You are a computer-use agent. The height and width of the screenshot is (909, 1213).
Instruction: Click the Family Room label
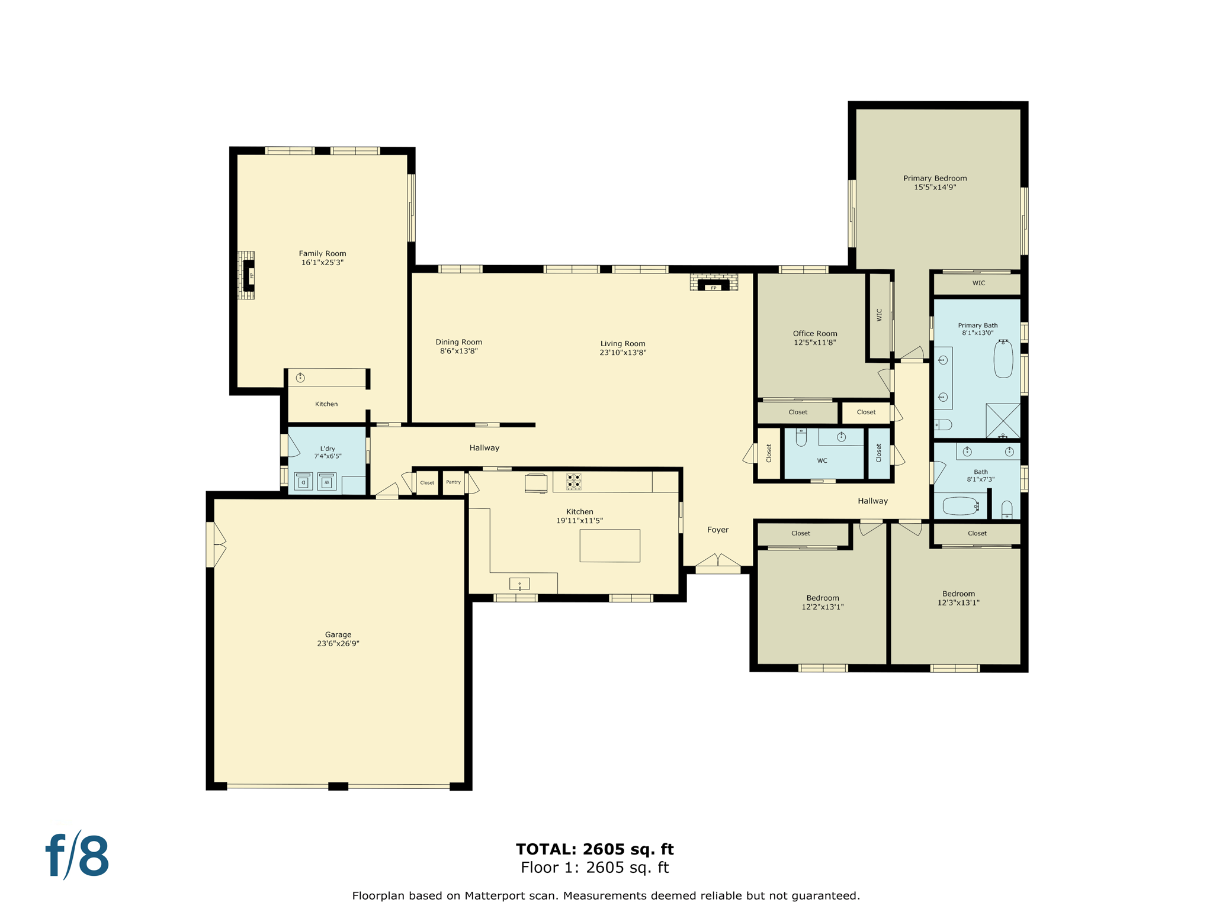pos(322,253)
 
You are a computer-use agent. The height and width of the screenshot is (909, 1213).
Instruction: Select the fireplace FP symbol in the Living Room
pos(714,288)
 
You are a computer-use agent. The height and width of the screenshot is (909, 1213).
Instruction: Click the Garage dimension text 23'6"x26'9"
pos(338,643)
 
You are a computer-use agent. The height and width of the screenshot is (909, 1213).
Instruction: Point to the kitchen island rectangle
pos(609,546)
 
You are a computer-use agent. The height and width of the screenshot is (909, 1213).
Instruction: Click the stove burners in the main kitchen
pos(573,481)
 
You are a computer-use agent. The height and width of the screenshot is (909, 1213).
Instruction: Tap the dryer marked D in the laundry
pos(303,482)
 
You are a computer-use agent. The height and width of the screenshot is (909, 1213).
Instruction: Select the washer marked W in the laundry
pos(327,482)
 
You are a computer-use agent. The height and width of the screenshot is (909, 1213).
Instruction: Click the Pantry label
pos(453,482)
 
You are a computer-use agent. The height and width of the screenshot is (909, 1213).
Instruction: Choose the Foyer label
pos(718,530)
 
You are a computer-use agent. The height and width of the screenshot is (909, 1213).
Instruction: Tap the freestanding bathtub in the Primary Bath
pos(1003,359)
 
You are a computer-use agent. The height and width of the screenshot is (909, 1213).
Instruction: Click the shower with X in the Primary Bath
pos(1003,420)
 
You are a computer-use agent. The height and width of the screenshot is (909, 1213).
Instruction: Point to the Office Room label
pos(815,333)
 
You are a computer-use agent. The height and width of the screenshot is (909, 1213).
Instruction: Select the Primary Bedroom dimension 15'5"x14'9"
pos(935,187)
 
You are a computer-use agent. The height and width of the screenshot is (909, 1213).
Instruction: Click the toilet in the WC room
pos(801,438)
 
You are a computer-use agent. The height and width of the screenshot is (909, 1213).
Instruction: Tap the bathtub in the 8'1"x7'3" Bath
pos(960,506)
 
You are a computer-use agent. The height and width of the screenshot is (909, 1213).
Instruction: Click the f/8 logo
pos(78,856)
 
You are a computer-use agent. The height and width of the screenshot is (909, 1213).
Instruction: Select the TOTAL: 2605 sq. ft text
pos(595,849)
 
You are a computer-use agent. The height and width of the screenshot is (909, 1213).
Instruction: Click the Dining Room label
pos(458,342)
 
